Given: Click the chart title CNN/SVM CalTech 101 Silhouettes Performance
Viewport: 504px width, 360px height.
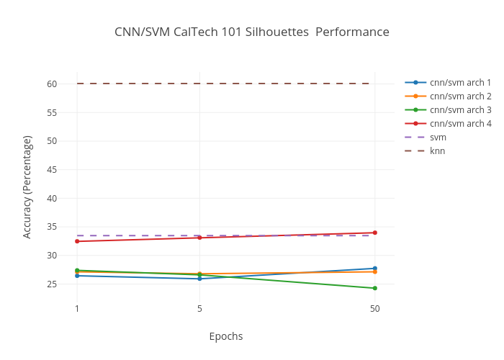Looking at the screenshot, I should click(x=252, y=32).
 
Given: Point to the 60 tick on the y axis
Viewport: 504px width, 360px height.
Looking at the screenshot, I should click(x=52, y=84).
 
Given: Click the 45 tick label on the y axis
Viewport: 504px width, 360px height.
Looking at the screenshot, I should click(x=52, y=170).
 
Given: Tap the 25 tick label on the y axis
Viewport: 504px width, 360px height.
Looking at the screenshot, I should click(x=52, y=284).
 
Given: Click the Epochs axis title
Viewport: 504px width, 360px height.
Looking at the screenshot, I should click(x=226, y=336).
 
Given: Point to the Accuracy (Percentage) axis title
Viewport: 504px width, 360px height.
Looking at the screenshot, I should click(x=27, y=186).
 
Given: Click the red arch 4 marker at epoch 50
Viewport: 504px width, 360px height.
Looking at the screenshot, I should click(x=374, y=233).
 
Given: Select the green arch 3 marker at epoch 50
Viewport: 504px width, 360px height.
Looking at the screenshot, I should click(x=374, y=288).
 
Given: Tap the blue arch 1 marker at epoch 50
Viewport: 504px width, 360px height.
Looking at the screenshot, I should click(x=374, y=269).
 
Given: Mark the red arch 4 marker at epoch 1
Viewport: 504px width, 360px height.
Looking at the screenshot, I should click(x=77, y=241).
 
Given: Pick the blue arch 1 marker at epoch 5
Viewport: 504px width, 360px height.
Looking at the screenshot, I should click(x=199, y=279).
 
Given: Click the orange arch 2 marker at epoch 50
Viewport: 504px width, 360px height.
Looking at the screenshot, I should click(x=374, y=272).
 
